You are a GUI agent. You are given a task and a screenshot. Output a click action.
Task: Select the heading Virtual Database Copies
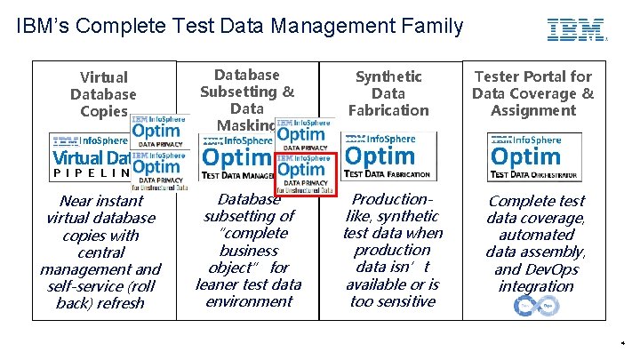click(x=103, y=93)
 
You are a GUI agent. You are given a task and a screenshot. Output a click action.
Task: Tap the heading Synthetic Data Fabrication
click(x=388, y=93)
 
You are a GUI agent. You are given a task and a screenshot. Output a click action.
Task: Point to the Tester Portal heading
click(x=532, y=76)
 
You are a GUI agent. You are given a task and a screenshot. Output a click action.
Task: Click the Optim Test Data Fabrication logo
click(x=388, y=156)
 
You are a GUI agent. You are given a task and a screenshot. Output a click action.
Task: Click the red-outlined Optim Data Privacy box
click(x=305, y=173)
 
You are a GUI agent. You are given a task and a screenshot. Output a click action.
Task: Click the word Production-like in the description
click(x=393, y=199)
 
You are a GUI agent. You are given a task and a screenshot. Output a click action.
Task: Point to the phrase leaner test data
click(x=248, y=284)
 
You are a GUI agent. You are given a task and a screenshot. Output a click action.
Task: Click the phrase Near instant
click(x=100, y=201)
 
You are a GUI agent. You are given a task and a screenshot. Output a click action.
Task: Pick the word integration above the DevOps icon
click(x=536, y=286)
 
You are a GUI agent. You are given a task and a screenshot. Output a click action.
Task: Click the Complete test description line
click(x=537, y=201)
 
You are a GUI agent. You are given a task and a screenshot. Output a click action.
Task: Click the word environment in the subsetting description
click(x=248, y=301)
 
